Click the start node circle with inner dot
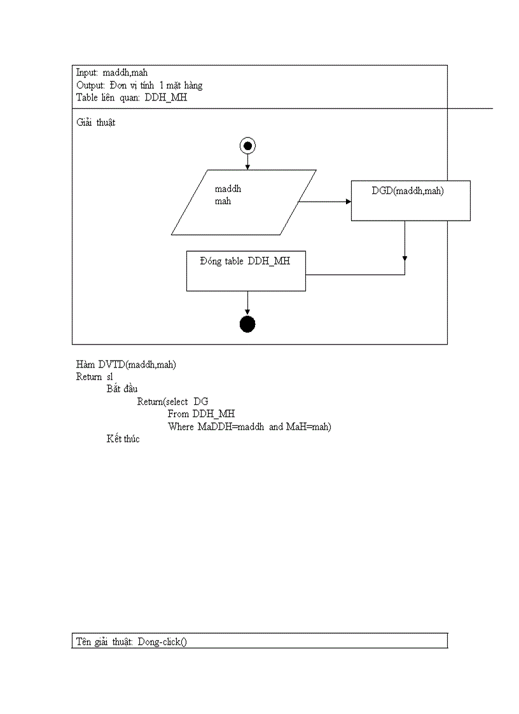pyautogui.click(x=247, y=146)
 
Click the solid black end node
pyautogui.click(x=247, y=324)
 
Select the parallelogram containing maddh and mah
pyautogui.click(x=244, y=202)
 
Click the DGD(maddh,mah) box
pyautogui.click(x=410, y=200)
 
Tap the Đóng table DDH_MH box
pyautogui.click(x=246, y=271)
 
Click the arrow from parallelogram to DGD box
pyautogui.click(x=324, y=202)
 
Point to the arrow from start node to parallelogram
pyautogui.click(x=247, y=162)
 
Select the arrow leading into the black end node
pyautogui.click(x=247, y=303)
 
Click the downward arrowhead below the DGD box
pyautogui.click(x=405, y=258)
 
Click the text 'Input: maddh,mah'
pyautogui.click(x=112, y=72)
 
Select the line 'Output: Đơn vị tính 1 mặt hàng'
pyautogui.click(x=139, y=85)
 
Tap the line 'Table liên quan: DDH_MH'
pyautogui.click(x=131, y=98)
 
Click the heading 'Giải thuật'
pyautogui.click(x=95, y=123)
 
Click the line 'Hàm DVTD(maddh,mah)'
pyautogui.click(x=126, y=364)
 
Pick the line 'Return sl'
pyautogui.click(x=94, y=376)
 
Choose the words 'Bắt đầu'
pyautogui.click(x=122, y=388)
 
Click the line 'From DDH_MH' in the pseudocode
pyautogui.click(x=201, y=414)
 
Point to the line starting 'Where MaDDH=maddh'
pyautogui.click(x=249, y=427)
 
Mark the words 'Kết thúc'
pyautogui.click(x=123, y=439)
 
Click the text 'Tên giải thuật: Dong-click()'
pyautogui.click(x=132, y=641)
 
